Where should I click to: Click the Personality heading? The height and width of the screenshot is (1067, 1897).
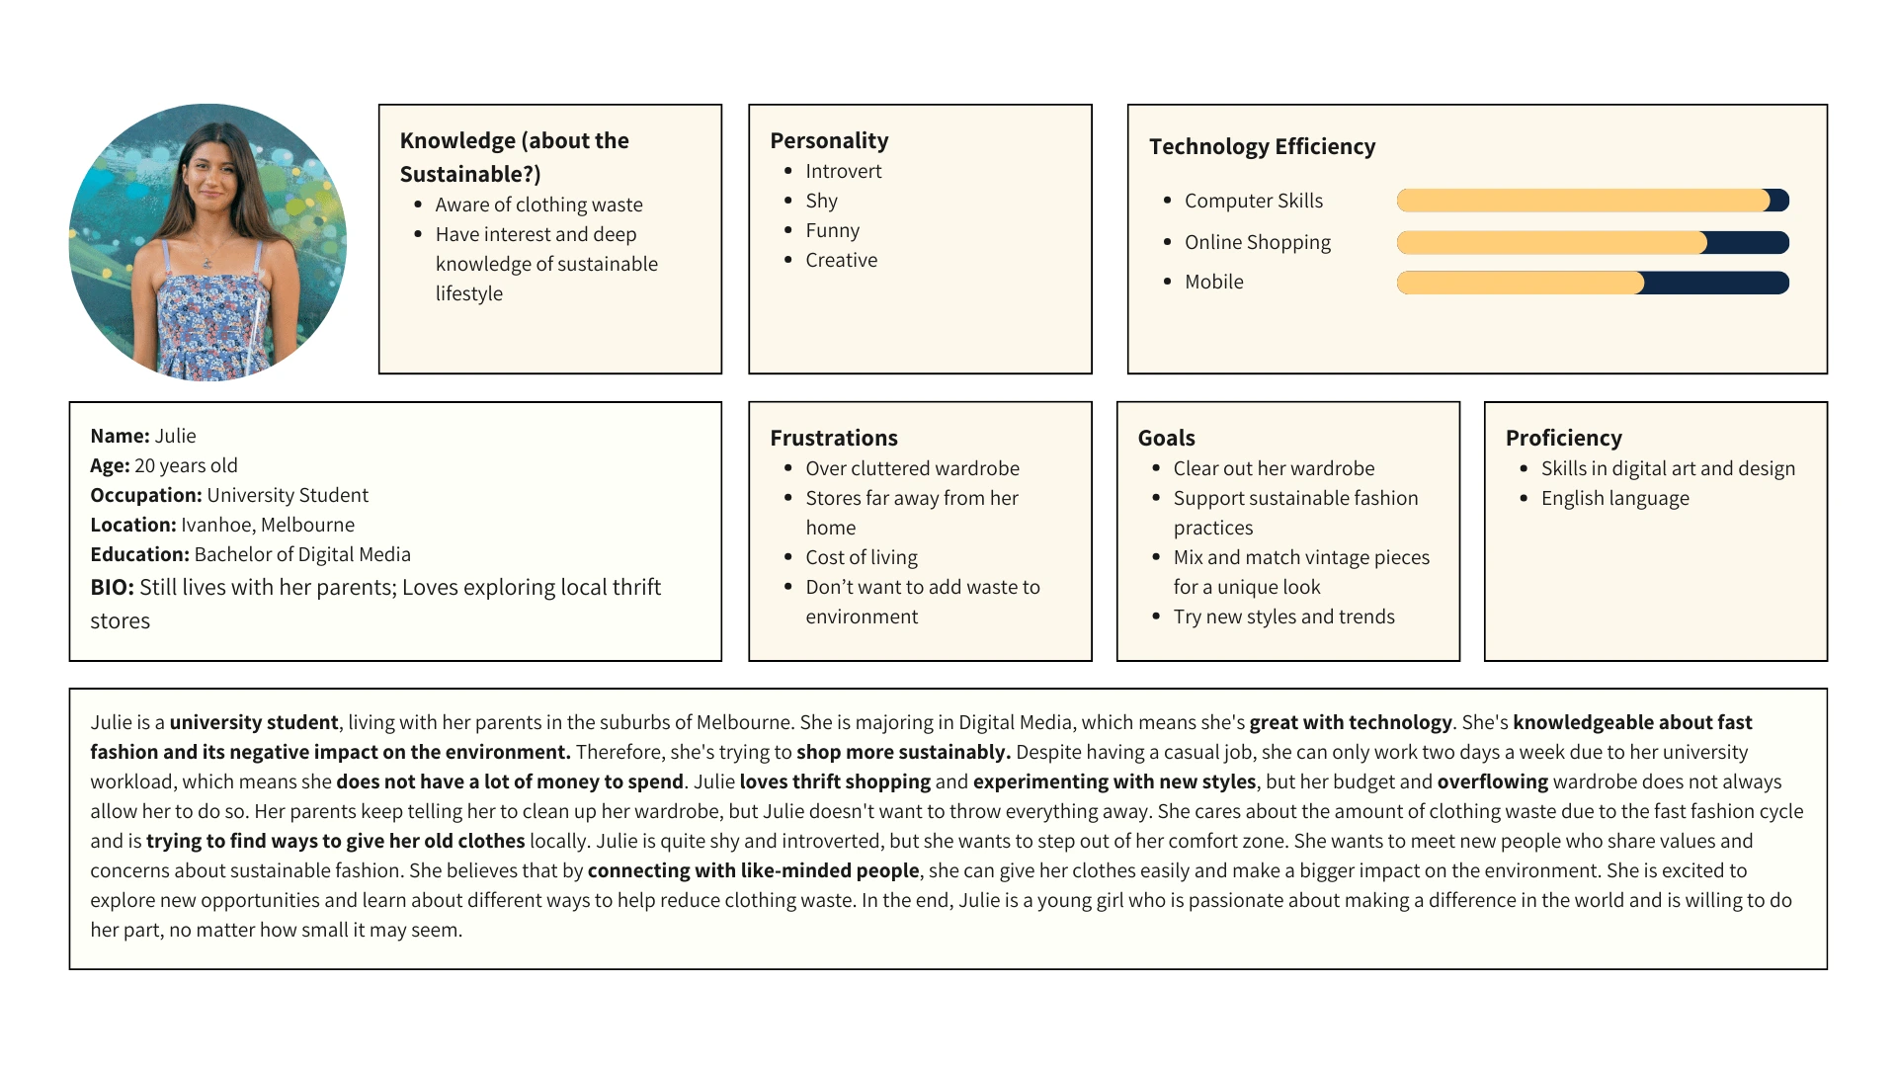pyautogui.click(x=829, y=140)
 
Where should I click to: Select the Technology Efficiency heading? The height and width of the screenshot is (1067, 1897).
pyautogui.click(x=1262, y=146)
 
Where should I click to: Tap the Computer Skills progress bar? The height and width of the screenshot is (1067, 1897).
pyautogui.click(x=1592, y=201)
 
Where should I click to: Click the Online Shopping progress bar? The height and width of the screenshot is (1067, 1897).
pyautogui.click(x=1592, y=242)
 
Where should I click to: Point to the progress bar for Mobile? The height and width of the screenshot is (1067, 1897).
pyautogui.click(x=1592, y=284)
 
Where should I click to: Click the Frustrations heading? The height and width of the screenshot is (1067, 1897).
pyautogui.click(x=834, y=438)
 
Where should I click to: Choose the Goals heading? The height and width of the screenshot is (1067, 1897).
pyautogui.click(x=1166, y=438)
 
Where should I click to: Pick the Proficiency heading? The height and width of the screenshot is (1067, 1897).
pyautogui.click(x=1563, y=438)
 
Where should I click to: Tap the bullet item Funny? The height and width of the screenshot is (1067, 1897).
pyautogui.click(x=832, y=230)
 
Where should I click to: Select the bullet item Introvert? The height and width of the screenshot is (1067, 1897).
pyautogui.click(x=843, y=171)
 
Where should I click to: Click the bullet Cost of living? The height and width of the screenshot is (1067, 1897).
pyautogui.click(x=861, y=557)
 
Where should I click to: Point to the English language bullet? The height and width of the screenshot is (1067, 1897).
pyautogui.click(x=1614, y=498)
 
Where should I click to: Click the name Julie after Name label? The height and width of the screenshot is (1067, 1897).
pyautogui.click(x=175, y=436)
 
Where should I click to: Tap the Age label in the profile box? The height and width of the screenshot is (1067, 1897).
pyautogui.click(x=110, y=465)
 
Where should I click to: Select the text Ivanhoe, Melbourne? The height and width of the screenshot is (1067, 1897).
pyautogui.click(x=267, y=525)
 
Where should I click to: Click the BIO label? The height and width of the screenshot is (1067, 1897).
pyautogui.click(x=112, y=588)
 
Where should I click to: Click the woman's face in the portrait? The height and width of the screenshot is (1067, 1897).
pyautogui.click(x=208, y=173)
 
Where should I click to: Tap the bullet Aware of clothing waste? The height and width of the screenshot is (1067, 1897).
pyautogui.click(x=538, y=205)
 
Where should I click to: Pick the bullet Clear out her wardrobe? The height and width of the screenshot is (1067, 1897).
pyautogui.click(x=1274, y=468)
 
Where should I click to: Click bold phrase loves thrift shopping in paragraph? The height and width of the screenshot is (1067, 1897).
pyautogui.click(x=835, y=781)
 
